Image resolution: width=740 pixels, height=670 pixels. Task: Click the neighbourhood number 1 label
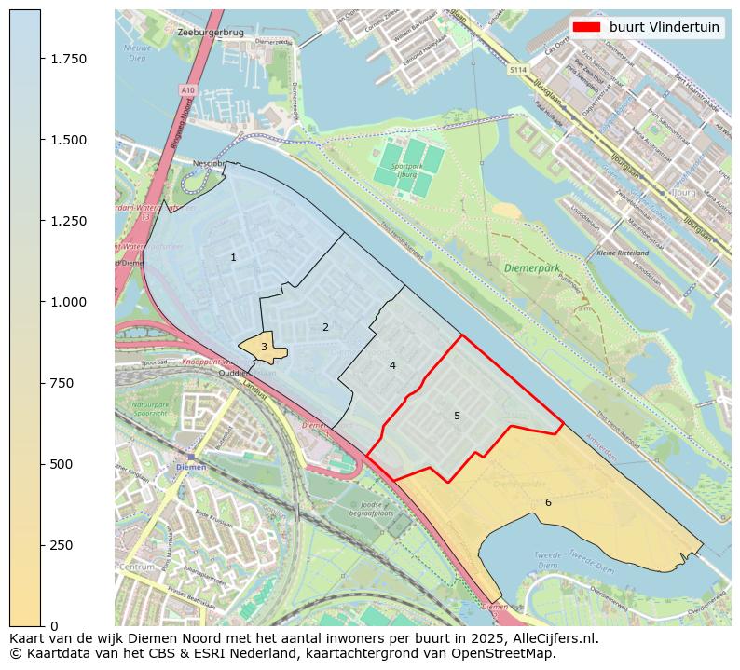tap(233, 257)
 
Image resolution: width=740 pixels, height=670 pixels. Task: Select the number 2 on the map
tap(325, 327)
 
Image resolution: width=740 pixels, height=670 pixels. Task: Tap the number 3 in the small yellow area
tap(264, 347)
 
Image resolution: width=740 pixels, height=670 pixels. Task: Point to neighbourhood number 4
tap(392, 365)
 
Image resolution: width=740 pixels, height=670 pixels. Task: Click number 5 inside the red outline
tap(457, 416)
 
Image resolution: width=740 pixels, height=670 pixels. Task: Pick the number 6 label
tap(548, 502)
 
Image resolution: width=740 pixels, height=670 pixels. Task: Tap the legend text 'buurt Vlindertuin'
tap(664, 27)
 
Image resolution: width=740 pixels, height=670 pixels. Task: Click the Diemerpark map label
tap(532, 267)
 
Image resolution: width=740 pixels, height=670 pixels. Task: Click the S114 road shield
tap(518, 70)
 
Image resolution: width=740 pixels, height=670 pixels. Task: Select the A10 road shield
tap(189, 89)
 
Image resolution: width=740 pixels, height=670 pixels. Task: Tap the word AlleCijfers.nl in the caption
tap(552, 639)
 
